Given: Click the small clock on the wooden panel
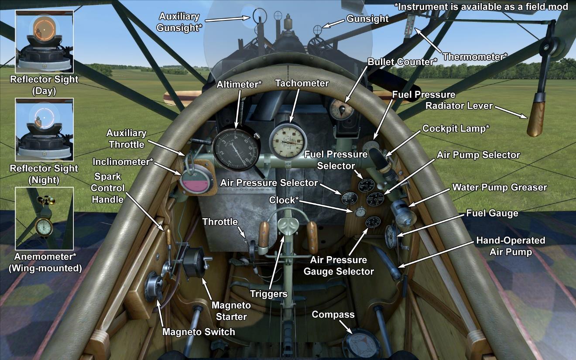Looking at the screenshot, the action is [x=360, y=212].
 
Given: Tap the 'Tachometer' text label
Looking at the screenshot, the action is [x=302, y=83].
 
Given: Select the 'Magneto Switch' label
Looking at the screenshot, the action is [x=199, y=332].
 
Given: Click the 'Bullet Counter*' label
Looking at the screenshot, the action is [x=402, y=62].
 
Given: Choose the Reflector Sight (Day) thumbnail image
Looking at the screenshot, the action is [x=44, y=41].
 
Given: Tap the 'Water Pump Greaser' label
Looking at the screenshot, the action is [x=499, y=187].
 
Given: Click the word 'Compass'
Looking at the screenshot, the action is [x=333, y=315].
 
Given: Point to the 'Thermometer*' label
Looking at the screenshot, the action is [x=475, y=57].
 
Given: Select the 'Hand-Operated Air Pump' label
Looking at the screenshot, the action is [x=511, y=246].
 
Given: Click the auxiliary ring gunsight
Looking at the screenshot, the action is [x=258, y=16].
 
